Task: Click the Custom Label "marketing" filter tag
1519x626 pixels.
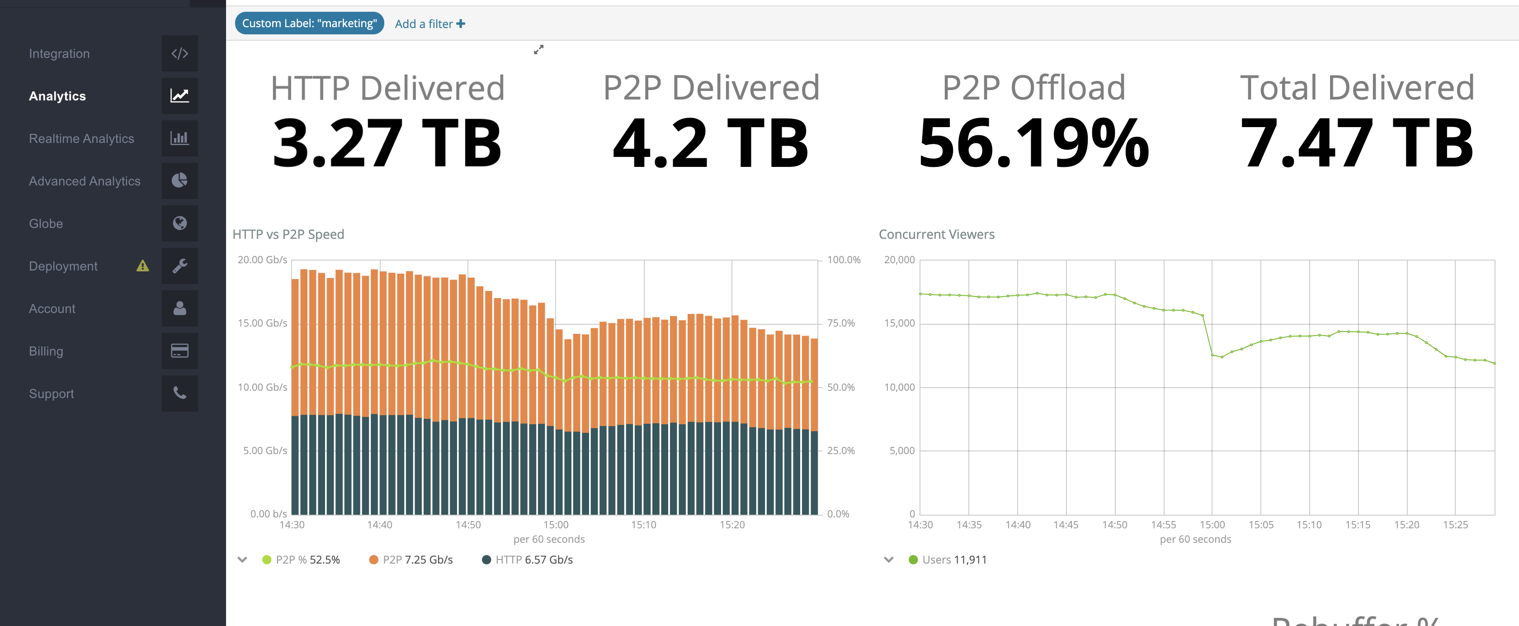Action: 309,24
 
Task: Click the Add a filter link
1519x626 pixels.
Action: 429,24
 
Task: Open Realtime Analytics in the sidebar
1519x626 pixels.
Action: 81,139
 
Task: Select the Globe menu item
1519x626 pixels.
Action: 46,223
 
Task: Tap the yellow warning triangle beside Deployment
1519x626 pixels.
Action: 143,266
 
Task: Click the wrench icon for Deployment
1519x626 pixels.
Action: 180,266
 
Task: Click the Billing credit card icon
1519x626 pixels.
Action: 180,351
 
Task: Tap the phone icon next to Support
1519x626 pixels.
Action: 180,394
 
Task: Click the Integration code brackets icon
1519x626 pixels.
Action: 180,54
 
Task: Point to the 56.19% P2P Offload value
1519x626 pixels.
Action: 1034,143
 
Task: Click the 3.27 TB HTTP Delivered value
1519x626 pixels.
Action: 387,143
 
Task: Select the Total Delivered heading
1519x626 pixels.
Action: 1357,88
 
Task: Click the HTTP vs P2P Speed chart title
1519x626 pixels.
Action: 288,234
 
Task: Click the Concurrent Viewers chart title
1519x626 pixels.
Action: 936,234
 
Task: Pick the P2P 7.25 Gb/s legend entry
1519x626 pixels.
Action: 411,560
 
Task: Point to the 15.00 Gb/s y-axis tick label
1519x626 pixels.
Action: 262,323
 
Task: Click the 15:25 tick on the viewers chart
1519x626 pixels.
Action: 1455,525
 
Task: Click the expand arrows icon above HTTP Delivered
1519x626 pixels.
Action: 538,50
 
